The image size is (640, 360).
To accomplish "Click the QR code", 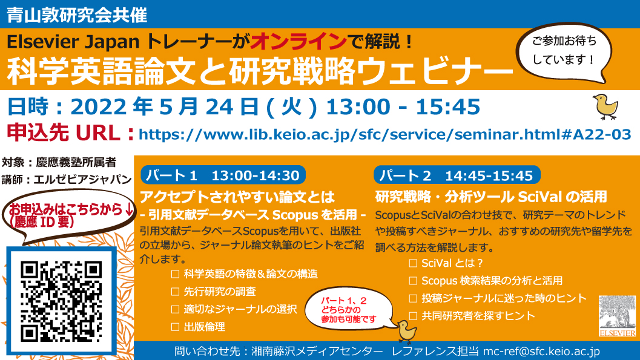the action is click(x=61, y=301).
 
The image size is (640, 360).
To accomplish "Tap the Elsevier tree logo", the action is click(x=617, y=316).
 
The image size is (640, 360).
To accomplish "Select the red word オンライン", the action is click(x=299, y=41).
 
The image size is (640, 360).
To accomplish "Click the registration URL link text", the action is click(x=385, y=134).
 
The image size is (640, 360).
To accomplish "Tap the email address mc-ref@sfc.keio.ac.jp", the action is click(x=542, y=352).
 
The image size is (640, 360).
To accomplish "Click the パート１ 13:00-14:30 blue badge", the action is click(x=223, y=175).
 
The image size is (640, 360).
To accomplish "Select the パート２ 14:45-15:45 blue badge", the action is click(x=457, y=175).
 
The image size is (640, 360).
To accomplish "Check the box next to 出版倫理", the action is click(x=176, y=327).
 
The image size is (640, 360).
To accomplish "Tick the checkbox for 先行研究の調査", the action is click(x=176, y=292).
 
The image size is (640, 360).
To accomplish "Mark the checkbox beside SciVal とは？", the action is click(x=413, y=263).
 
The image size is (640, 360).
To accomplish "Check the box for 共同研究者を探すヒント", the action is click(x=413, y=316).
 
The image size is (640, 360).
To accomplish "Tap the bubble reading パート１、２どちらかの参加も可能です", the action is click(x=348, y=309).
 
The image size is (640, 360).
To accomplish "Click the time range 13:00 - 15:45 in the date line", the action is click(x=403, y=107).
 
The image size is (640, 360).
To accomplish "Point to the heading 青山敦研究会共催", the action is click(x=77, y=15).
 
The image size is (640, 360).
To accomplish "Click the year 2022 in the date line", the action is click(x=99, y=107).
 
